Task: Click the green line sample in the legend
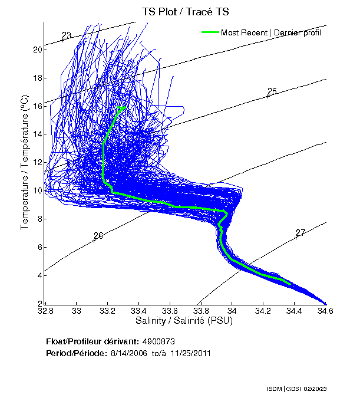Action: coord(210,32)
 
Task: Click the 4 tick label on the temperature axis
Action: coord(39,275)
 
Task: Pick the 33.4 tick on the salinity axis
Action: coord(138,311)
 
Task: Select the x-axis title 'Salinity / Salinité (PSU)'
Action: coord(184,321)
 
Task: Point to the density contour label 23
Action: coord(67,36)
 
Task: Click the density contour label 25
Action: coord(272,91)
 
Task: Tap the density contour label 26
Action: coord(98,236)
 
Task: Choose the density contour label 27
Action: coord(300,233)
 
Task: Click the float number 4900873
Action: coord(158,341)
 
